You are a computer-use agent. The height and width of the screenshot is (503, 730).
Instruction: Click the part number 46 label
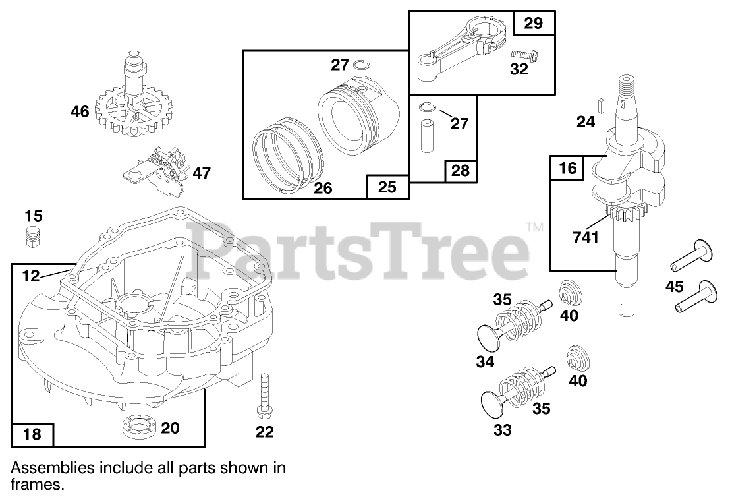pos(80,112)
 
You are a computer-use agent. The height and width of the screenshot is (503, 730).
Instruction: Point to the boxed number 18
pos(32,434)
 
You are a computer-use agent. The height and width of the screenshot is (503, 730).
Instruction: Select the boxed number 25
pos(387,187)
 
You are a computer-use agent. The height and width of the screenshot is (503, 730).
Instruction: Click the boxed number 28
pos(460,171)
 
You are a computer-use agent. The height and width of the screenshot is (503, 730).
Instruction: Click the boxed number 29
pos(534,24)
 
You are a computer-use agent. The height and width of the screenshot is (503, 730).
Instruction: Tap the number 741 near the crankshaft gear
pos(585,236)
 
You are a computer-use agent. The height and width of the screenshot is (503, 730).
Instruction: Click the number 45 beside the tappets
pos(675,287)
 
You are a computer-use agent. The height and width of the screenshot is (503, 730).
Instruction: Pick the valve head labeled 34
pos(492,333)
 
